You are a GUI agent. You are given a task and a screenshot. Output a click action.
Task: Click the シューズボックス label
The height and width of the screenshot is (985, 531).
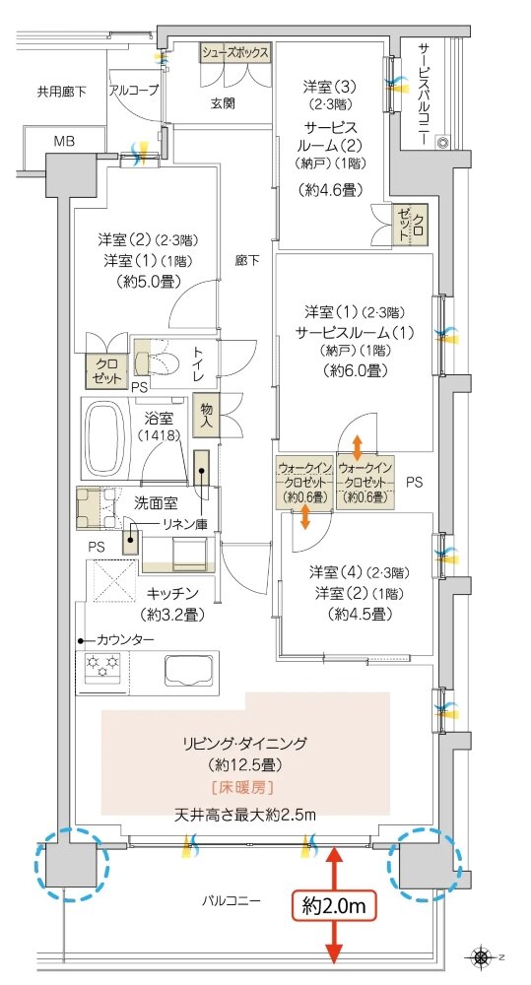coord(235,53)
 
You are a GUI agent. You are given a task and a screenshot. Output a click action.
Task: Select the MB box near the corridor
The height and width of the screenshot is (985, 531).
coord(65,141)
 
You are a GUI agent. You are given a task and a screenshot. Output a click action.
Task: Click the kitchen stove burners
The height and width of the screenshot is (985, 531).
coord(101,671)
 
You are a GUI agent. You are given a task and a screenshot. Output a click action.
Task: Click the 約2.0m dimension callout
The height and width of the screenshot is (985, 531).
coord(335,904)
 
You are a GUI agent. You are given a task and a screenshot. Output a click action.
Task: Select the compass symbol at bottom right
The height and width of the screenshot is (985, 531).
coord(482,955)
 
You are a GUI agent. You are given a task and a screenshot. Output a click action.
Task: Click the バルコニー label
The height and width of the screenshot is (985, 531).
coord(232,898)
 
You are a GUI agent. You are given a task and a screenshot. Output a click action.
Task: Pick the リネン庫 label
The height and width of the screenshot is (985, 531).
coord(185,525)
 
